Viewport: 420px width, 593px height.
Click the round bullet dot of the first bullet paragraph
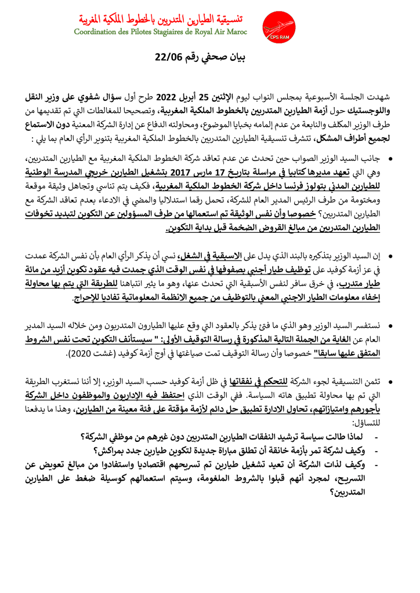[390, 158]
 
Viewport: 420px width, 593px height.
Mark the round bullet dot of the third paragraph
[390, 326]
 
